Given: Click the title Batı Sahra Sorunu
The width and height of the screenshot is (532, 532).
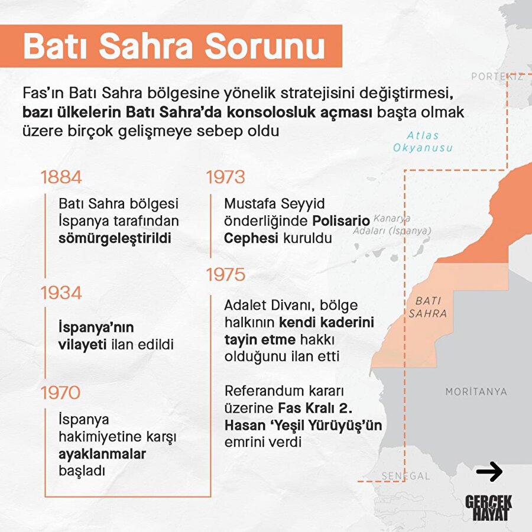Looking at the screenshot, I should tap(174, 46).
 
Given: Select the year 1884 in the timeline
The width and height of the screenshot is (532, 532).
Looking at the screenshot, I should tap(61, 177).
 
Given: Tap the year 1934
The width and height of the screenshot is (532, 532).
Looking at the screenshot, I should tap(61, 293).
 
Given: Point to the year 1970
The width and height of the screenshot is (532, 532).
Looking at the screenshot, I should tap(61, 392).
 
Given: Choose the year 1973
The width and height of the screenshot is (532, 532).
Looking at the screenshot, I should tap(225, 177).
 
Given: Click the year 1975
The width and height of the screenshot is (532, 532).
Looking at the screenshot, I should tap(225, 275).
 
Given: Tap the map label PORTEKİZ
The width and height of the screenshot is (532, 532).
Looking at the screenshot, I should tap(497, 77).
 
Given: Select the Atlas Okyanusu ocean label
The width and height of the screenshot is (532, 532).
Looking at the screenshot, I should tap(422, 141).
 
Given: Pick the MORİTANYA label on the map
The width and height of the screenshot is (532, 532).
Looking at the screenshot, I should tap(476, 391).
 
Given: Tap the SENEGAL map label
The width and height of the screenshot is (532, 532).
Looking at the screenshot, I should tap(406, 476).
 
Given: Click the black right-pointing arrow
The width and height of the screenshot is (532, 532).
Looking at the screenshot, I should tap(489, 471).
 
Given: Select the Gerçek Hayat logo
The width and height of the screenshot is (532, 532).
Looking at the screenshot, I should tap(489, 508).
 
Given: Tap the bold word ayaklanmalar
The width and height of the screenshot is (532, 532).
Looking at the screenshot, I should tap(102, 455).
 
